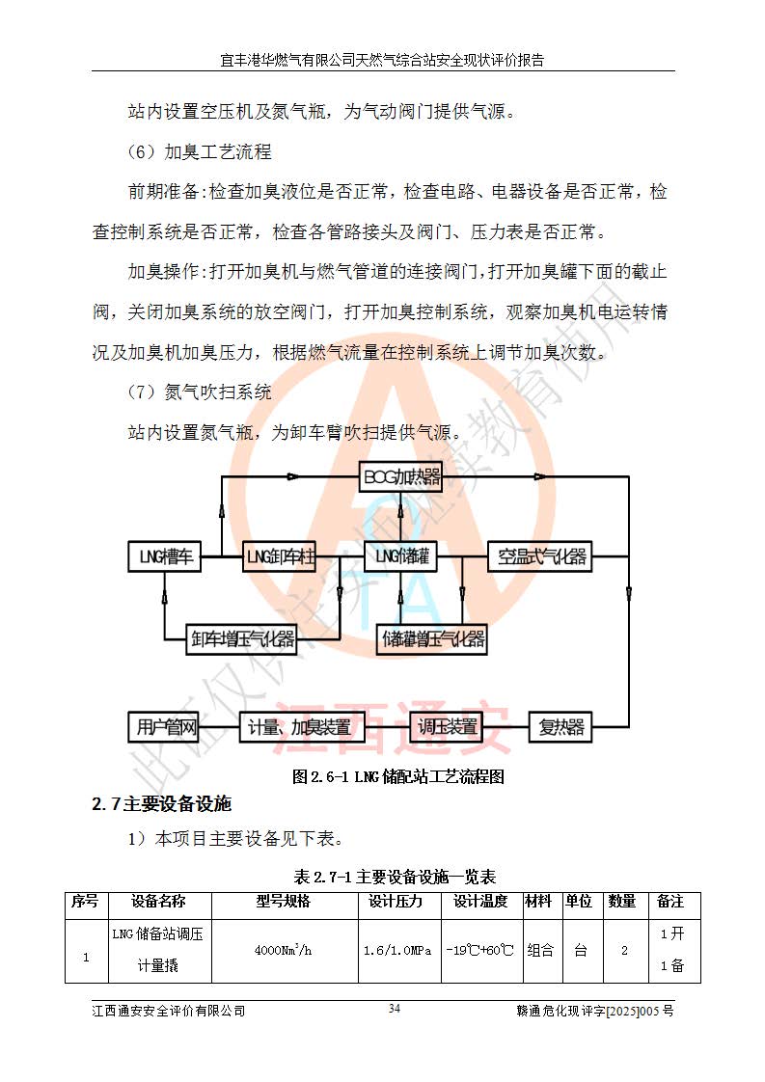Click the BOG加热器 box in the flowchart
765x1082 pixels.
(x=401, y=477)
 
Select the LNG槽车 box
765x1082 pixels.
(x=165, y=556)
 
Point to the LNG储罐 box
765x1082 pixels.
(x=400, y=556)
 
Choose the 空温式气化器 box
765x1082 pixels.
(x=540, y=556)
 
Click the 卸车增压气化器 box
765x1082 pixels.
(x=241, y=638)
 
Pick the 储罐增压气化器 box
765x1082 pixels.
(x=431, y=638)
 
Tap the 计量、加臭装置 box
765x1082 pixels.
(x=299, y=726)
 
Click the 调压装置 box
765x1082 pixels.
(x=448, y=726)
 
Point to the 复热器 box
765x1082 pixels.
(x=560, y=726)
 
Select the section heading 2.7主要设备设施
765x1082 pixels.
(x=161, y=803)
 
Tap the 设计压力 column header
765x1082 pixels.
(x=396, y=902)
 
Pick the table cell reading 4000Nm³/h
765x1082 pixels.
(x=283, y=949)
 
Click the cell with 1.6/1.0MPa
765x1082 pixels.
(x=396, y=949)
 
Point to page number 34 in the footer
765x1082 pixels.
(x=394, y=1009)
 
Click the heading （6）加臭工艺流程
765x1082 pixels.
(x=199, y=151)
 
